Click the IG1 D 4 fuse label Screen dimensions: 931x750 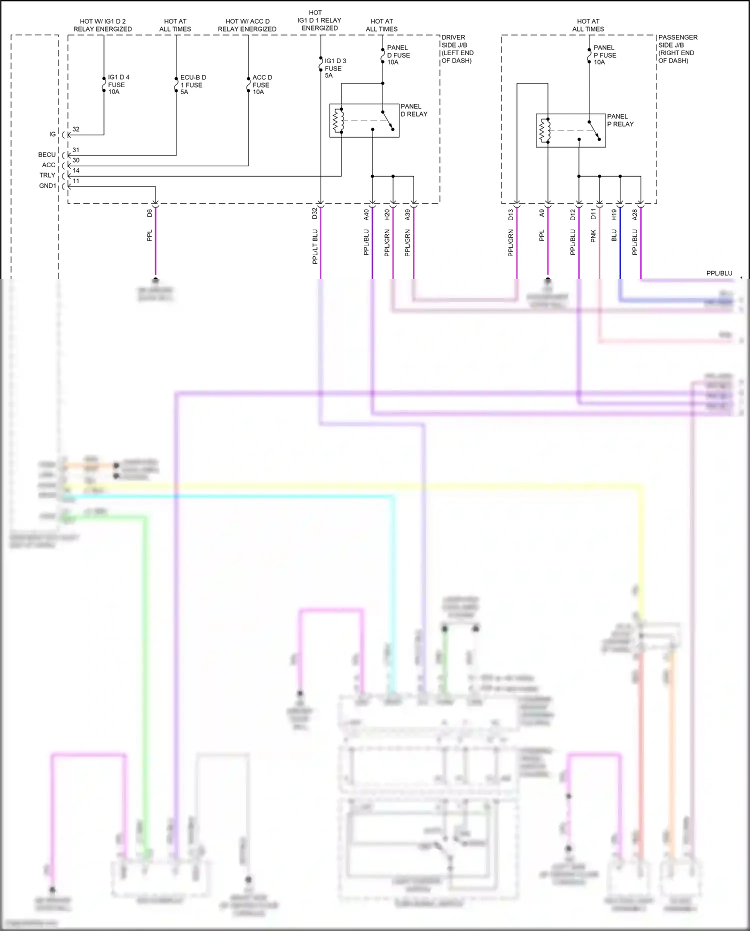(x=118, y=85)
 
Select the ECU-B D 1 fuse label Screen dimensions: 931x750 (x=192, y=85)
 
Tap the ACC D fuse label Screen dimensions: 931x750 (x=262, y=85)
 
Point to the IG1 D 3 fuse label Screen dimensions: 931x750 (x=335, y=68)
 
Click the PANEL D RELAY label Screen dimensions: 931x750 (x=413, y=110)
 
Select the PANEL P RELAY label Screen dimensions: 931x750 (x=620, y=120)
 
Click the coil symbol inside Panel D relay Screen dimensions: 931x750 (x=338, y=121)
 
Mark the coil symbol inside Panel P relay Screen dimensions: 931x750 (x=545, y=131)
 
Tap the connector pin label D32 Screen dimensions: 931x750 (x=314, y=213)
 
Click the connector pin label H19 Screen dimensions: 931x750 (x=614, y=215)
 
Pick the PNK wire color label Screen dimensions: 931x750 (x=593, y=236)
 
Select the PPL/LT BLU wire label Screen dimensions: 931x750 (x=315, y=246)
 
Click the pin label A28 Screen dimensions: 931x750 (x=635, y=215)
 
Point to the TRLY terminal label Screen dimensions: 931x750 (x=47, y=175)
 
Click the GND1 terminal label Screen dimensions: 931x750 (x=47, y=186)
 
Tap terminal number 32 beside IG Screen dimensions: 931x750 (x=76, y=129)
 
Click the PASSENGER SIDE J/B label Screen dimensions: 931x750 (x=677, y=49)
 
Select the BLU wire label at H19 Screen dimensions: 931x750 (x=614, y=236)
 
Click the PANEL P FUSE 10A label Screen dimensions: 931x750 (x=604, y=55)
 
